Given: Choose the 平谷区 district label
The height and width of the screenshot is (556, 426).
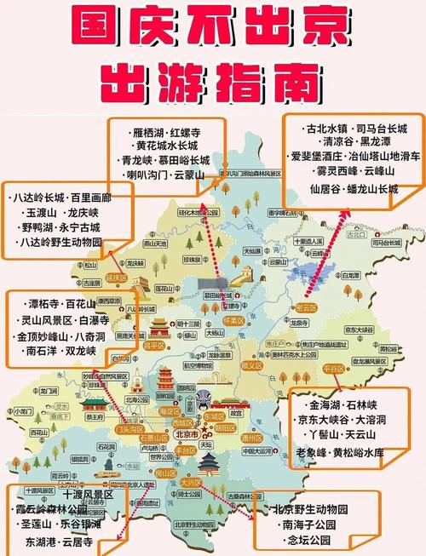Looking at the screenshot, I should point(334,368).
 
